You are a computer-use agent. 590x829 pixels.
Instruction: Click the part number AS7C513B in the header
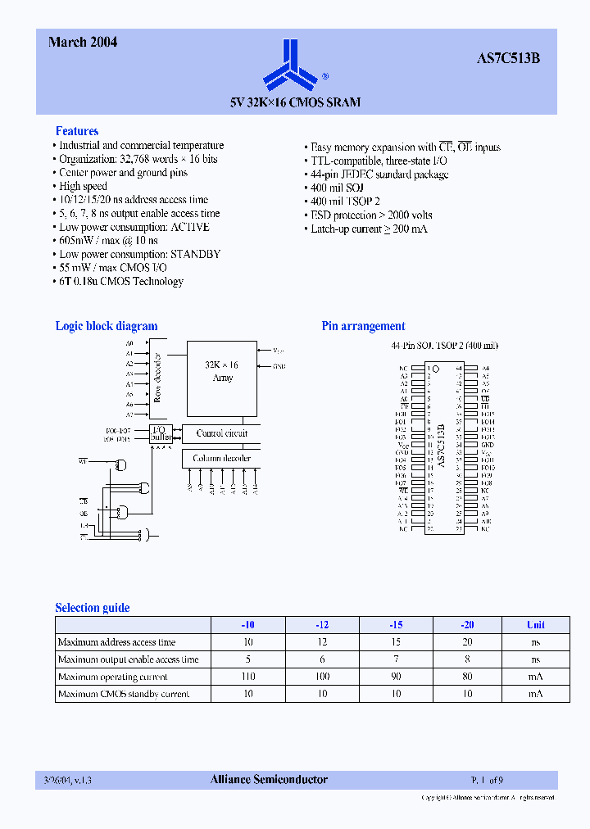(x=508, y=59)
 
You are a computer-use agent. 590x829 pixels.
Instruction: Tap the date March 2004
(x=83, y=42)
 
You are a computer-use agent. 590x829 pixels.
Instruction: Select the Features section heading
(x=77, y=131)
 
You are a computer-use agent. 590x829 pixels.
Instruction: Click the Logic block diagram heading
(x=107, y=326)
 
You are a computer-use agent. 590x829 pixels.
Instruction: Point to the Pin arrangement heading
(x=363, y=326)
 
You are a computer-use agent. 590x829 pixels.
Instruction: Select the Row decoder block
(x=157, y=378)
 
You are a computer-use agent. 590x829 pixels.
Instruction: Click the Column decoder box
(x=221, y=459)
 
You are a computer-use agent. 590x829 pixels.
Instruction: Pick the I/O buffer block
(x=161, y=433)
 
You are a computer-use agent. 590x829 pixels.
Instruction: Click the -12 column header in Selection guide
(x=322, y=625)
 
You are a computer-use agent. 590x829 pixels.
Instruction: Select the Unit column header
(x=535, y=625)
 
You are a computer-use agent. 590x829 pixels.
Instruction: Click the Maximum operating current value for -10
(x=248, y=677)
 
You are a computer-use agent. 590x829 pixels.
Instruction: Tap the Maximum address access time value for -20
(x=467, y=642)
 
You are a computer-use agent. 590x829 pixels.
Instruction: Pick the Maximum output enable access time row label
(x=129, y=659)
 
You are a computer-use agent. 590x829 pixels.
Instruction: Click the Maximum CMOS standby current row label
(x=124, y=694)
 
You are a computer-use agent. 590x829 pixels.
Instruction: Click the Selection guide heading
(x=93, y=608)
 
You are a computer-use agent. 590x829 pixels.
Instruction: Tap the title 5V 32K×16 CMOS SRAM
(x=295, y=102)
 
